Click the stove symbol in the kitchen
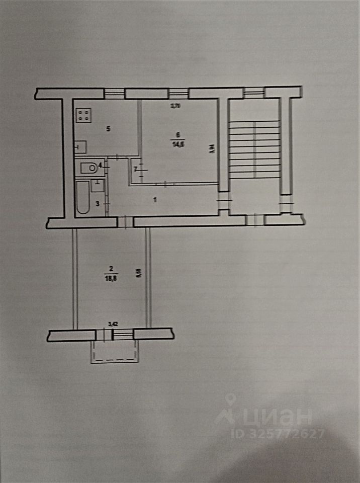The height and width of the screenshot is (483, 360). (x=83, y=115)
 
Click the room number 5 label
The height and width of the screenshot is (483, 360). (x=108, y=129)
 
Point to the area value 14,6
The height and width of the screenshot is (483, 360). (x=177, y=142)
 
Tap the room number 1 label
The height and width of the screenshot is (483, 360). (x=156, y=200)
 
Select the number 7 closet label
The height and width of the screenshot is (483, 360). (x=135, y=169)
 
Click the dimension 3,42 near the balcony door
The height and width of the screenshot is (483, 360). (x=114, y=325)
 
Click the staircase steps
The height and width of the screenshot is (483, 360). (x=255, y=148)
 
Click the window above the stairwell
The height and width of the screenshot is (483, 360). (x=254, y=92)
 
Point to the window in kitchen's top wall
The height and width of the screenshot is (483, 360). (x=114, y=93)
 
